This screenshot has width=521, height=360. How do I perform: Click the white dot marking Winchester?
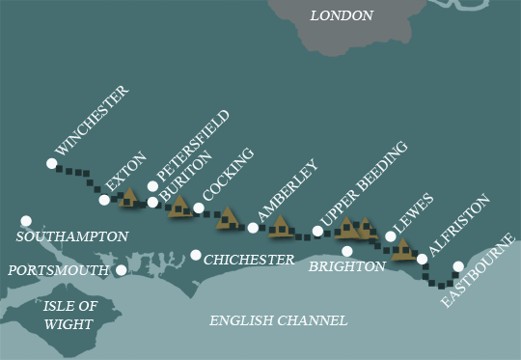pos(51,163)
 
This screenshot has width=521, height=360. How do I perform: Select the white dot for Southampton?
pos(26,221)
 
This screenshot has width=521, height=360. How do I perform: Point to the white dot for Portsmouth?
pos(121,270)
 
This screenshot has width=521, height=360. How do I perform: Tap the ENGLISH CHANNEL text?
pos(280,320)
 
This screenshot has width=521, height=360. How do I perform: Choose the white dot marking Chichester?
pos(196,255)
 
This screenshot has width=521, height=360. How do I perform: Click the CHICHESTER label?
pos(249,260)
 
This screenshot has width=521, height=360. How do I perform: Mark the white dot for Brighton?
pos(347,251)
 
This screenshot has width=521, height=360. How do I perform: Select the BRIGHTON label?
pos(347,267)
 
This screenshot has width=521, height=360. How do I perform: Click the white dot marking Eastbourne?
pos(458,266)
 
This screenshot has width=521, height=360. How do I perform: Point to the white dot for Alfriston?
pos(422,259)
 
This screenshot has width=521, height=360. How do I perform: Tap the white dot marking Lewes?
pos(391,235)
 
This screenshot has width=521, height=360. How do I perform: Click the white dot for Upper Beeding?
pos(317,231)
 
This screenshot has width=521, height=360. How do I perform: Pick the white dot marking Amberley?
pos(253,228)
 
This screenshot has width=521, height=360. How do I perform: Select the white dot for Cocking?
pos(199,208)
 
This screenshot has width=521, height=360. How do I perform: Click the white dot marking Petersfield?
pos(152,186)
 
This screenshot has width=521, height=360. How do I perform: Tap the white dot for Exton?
pos(104,200)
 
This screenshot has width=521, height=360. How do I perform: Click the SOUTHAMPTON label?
pos(72,236)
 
